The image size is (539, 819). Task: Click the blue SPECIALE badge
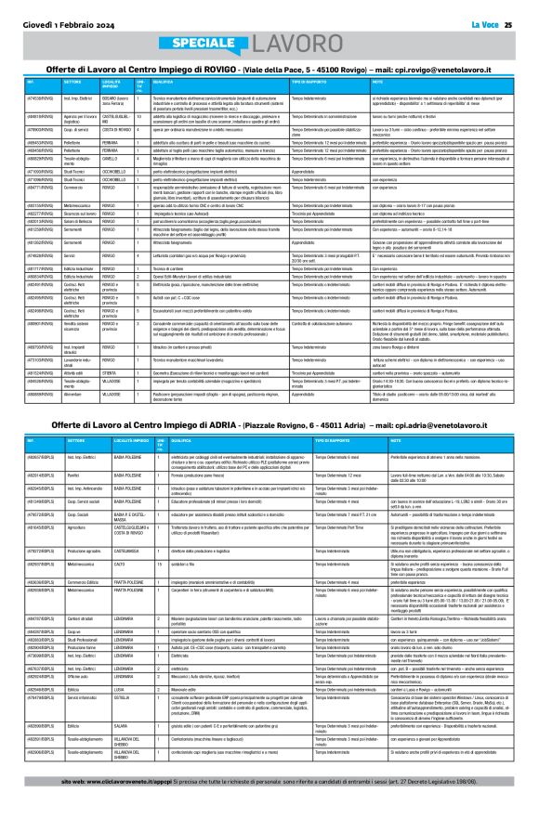[x=202, y=45]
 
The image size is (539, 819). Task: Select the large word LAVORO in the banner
[x=296, y=45]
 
